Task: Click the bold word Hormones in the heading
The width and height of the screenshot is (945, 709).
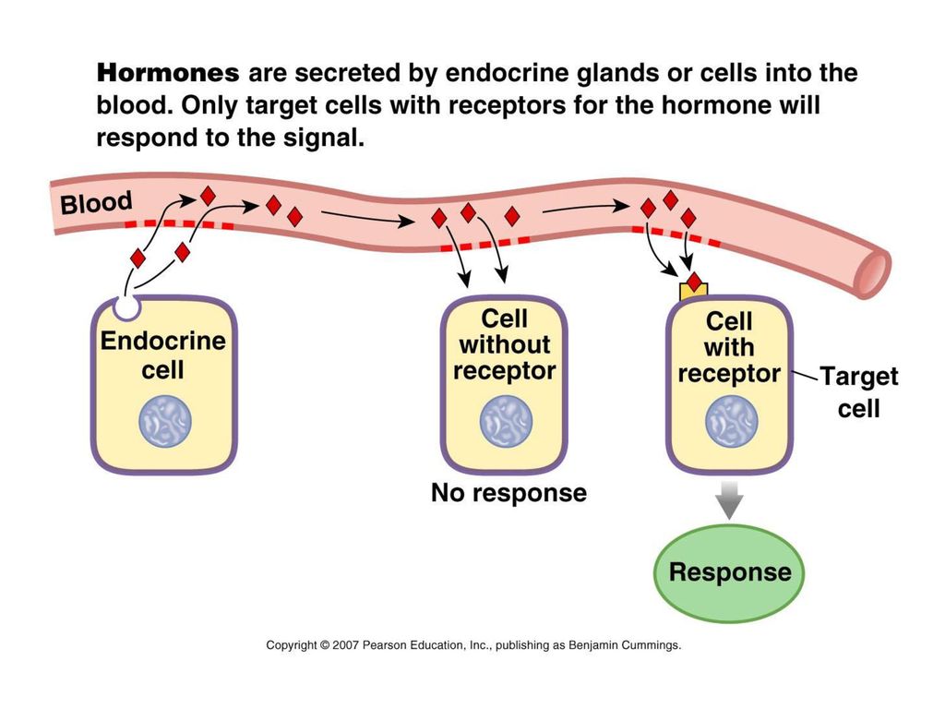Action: tap(168, 73)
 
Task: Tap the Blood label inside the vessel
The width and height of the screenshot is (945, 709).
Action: tap(96, 203)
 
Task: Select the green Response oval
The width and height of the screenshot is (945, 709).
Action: tap(729, 572)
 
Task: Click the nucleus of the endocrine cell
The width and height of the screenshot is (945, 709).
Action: tap(165, 421)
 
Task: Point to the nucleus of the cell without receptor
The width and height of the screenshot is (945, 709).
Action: tap(506, 421)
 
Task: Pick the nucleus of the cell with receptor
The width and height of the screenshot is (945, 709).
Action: tap(732, 421)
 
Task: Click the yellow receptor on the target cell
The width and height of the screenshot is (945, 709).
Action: tap(694, 291)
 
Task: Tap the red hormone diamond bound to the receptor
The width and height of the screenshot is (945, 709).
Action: tap(695, 282)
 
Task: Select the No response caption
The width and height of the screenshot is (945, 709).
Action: tap(508, 493)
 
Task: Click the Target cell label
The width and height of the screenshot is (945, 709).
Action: tap(859, 391)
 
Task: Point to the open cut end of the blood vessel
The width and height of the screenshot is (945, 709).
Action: tap(873, 272)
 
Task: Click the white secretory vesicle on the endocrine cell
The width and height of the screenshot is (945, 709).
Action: tap(127, 306)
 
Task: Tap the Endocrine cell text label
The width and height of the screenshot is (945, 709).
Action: tap(162, 355)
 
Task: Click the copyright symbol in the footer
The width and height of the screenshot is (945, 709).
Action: tap(325, 645)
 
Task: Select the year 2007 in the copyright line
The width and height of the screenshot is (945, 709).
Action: tap(346, 645)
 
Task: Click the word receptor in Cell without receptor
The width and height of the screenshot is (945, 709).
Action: tap(505, 371)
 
